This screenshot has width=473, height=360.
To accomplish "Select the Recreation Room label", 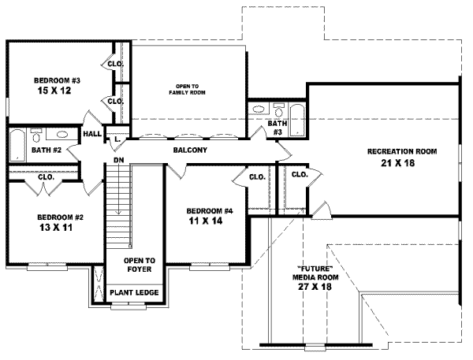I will tap(401, 151).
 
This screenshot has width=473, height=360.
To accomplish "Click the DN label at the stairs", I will tap(118, 160).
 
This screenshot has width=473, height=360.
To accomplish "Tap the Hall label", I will tap(91, 134).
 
